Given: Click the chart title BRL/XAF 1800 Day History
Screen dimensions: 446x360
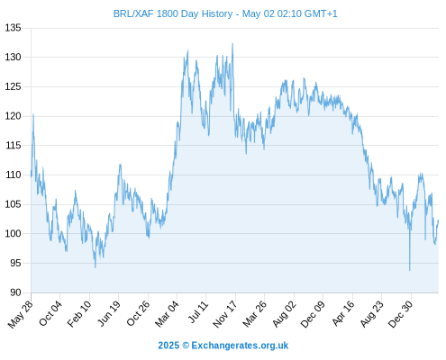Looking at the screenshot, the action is pos(173,13).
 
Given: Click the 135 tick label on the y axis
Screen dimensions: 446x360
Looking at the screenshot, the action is pos(13,28).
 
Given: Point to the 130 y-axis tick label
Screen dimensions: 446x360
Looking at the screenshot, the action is pos(13,57).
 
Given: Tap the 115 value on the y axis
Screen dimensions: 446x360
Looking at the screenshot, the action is pos(13,146).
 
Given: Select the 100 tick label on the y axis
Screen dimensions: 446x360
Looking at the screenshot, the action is pos(13,233).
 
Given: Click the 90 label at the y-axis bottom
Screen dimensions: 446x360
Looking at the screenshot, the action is pos(15,292).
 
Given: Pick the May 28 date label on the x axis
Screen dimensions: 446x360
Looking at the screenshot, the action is pos(21,314).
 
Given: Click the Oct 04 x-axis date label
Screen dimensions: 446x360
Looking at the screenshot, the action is pos(50,313).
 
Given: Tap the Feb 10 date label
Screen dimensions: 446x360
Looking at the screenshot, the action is pos(79,314).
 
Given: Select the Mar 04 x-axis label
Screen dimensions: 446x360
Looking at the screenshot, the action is pos(167,314).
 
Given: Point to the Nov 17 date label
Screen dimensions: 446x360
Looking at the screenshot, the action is pos(224,314).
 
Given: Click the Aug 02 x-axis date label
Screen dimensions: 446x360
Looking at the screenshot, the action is pos(284,314).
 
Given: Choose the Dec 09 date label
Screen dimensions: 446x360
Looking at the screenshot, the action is pos(313,314).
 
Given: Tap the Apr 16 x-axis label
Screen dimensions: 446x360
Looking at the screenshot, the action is pos(343,313).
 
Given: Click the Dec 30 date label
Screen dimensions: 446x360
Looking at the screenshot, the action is pos(400,314).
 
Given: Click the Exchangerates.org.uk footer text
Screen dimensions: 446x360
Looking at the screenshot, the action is pos(240,346).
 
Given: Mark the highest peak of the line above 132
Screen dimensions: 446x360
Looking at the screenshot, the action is pos(232,44).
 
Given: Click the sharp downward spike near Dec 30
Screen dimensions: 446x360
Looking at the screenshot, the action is pos(409,270).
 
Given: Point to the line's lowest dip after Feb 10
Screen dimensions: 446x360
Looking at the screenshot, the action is pos(96,267).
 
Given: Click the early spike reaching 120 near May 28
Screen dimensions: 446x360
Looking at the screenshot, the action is pos(33,114).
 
